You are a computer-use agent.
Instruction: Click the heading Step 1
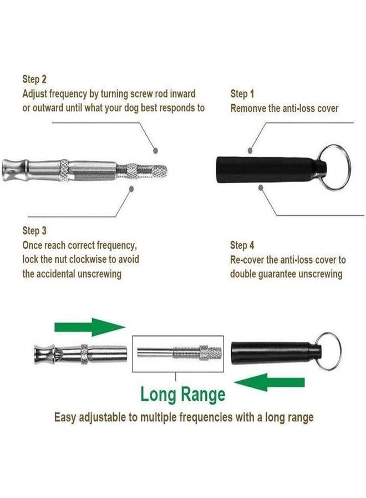pyautogui.click(x=242, y=94)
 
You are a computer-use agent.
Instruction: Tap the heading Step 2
pyautogui.click(x=34, y=79)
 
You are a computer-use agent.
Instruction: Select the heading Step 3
pyautogui.click(x=34, y=231)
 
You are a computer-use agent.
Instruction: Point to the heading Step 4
pyautogui.click(x=242, y=245)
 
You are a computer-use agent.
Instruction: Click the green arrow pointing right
pyautogui.click(x=90, y=327)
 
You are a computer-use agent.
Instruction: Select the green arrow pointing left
pyautogui.click(x=270, y=382)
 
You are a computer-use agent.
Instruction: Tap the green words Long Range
pyautogui.click(x=182, y=394)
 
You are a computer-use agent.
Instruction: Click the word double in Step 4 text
pyautogui.click(x=242, y=274)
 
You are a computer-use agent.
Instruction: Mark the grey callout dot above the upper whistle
pyautogui.click(x=155, y=151)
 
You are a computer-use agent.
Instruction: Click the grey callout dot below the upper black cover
pyautogui.click(x=261, y=188)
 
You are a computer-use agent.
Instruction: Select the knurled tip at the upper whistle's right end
pyautogui.click(x=160, y=171)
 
